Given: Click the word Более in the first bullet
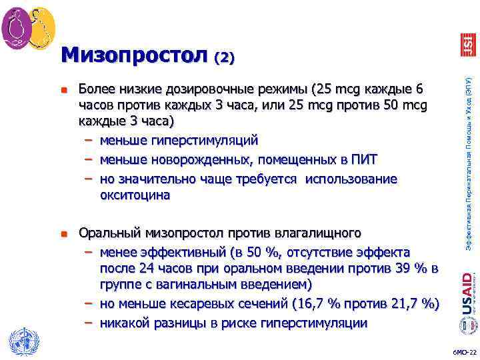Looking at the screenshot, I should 96,89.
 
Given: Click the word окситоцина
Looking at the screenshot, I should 135,195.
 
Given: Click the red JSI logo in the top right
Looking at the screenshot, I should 468,45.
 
